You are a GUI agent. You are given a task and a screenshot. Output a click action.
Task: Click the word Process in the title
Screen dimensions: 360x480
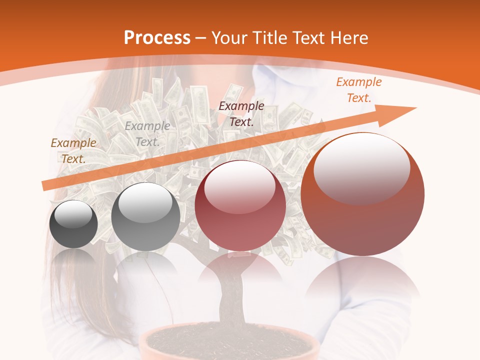(157, 38)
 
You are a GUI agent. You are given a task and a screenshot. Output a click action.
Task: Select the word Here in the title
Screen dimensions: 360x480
(349, 38)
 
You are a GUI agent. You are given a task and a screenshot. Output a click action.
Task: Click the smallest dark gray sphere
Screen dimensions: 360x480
(74, 224)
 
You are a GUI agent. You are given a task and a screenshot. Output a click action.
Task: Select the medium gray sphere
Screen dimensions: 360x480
(145, 217)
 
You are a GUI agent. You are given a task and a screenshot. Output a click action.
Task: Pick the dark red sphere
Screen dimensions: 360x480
(240, 205)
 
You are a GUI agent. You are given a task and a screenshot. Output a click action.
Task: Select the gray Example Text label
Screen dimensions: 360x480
(147, 133)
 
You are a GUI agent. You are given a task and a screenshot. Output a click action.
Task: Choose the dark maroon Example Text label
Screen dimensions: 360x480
(241, 113)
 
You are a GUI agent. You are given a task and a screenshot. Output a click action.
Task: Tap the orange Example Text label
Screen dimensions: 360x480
(358, 90)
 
